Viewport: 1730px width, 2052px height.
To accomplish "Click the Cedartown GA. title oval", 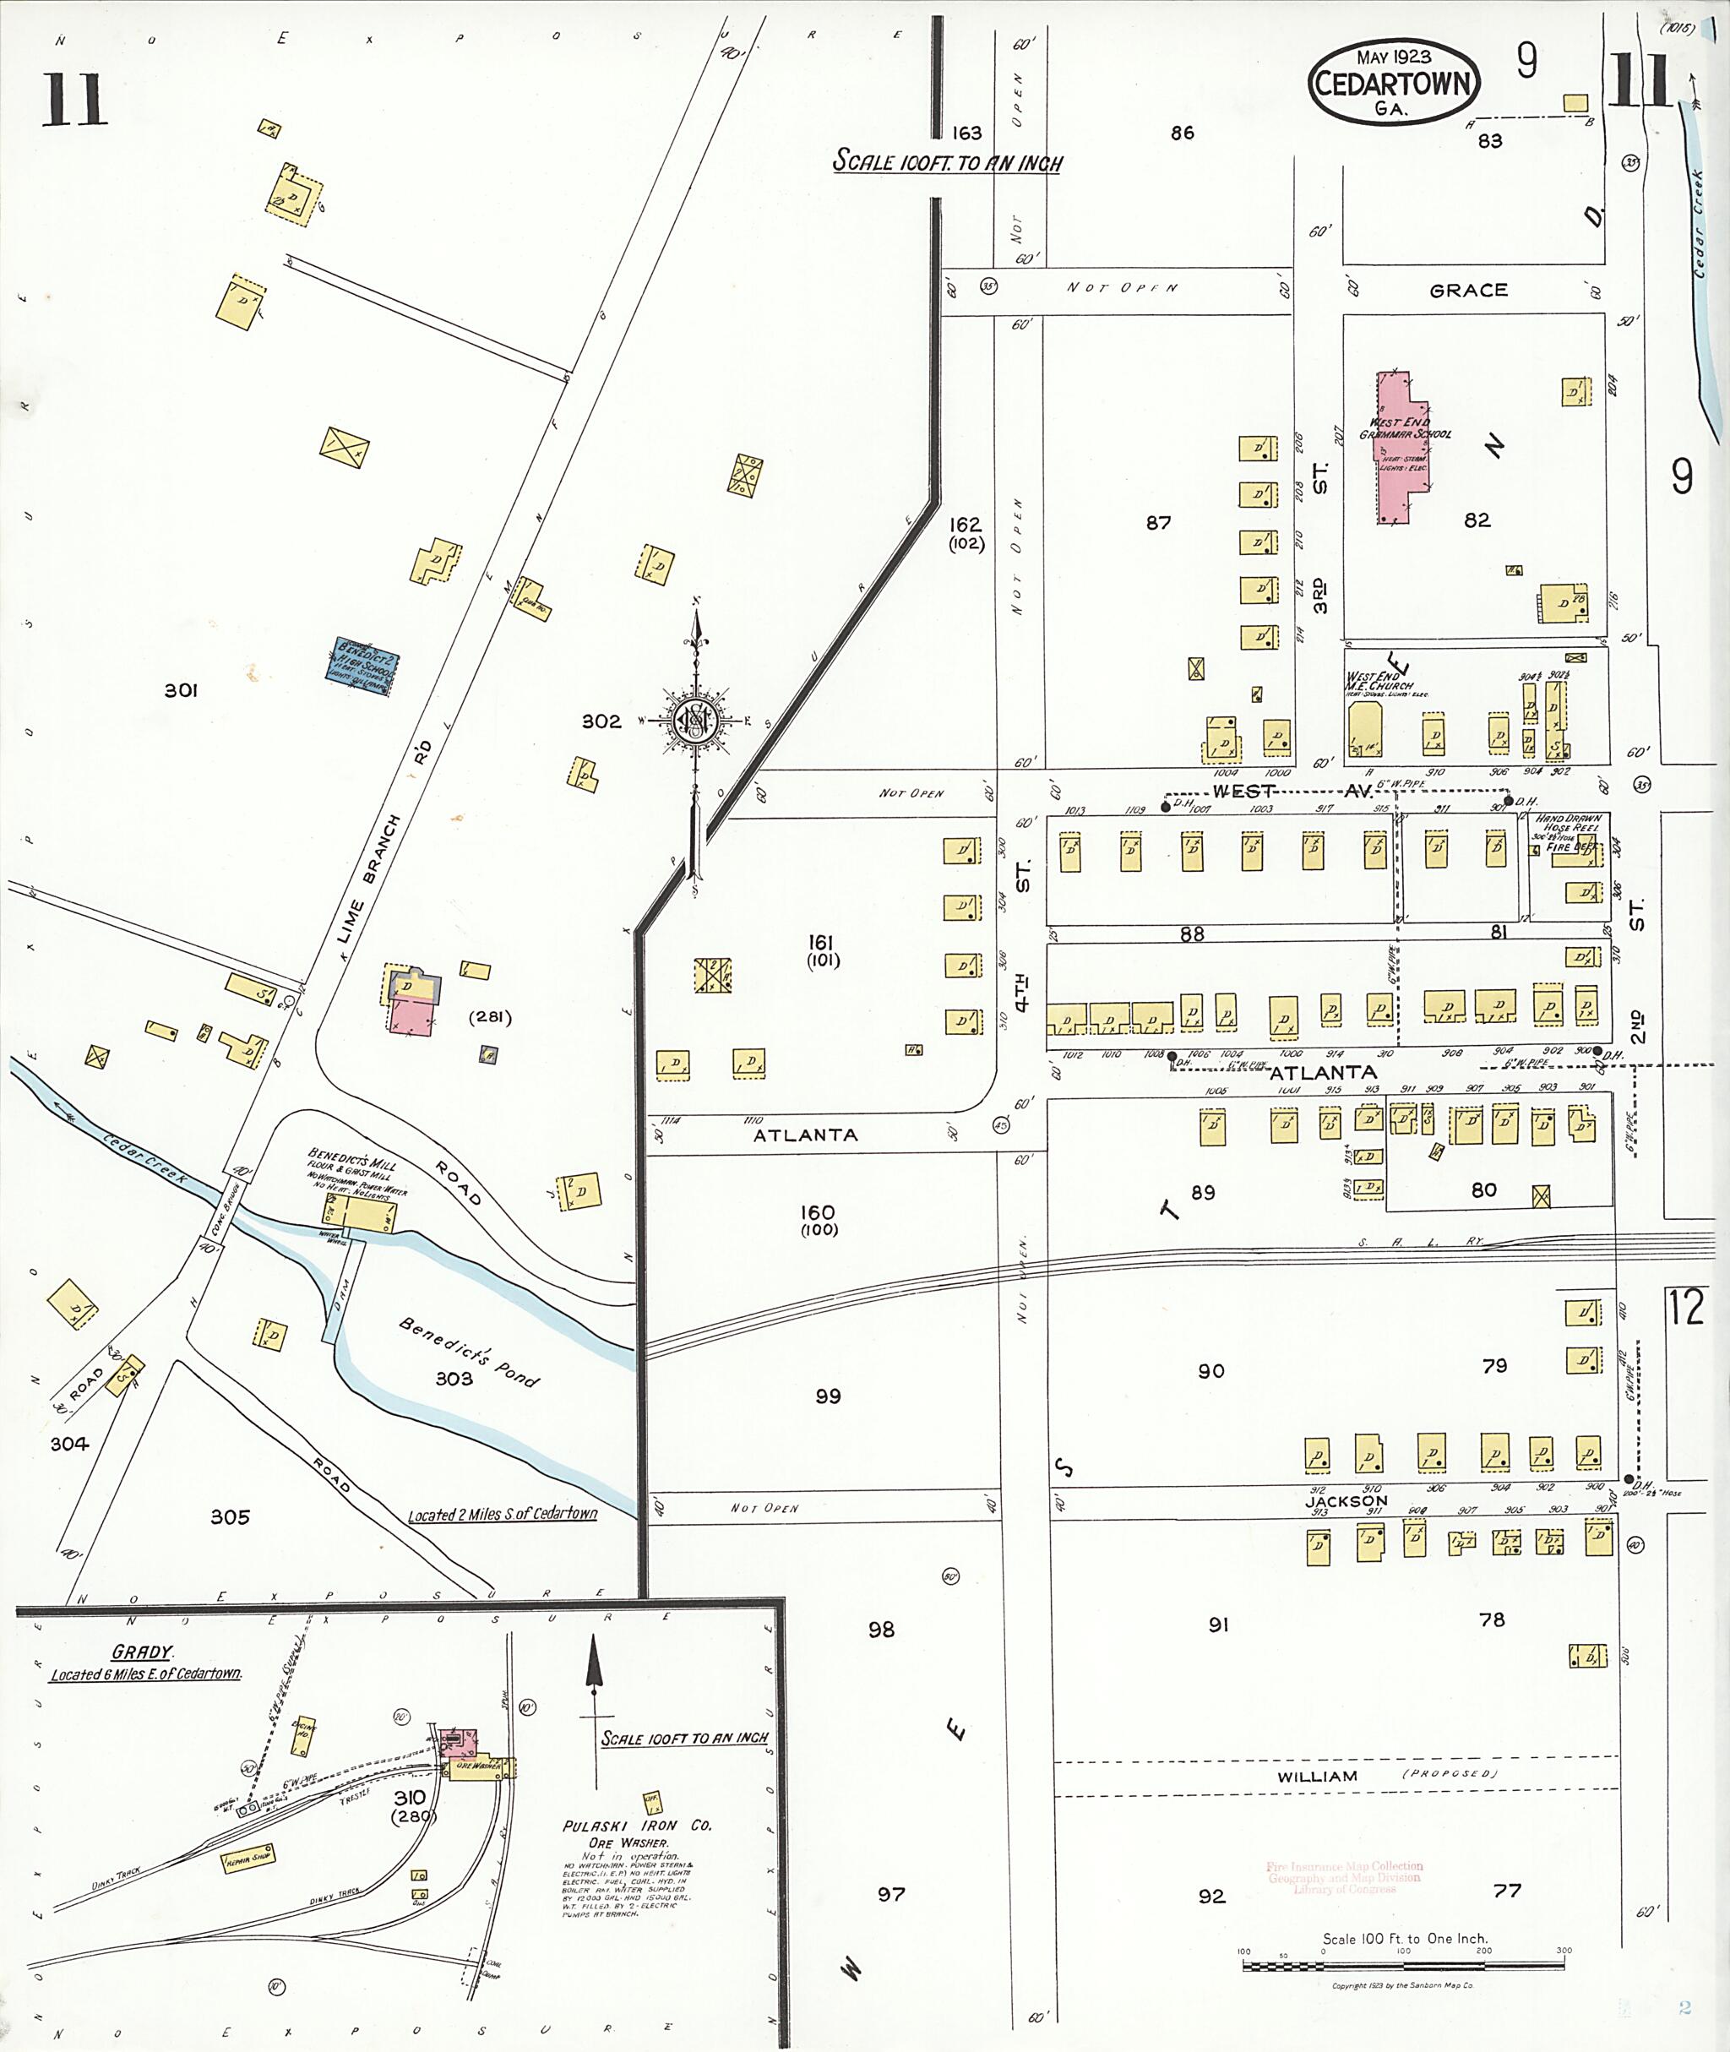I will [1393, 83].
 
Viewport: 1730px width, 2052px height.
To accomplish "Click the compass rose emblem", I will [696, 721].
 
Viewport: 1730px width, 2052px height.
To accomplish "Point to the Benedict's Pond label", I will [469, 1353].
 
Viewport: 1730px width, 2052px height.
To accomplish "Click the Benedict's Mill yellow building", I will [359, 1217].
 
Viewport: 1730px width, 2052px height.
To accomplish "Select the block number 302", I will [601, 721].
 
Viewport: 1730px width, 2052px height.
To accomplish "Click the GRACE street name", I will [1468, 291].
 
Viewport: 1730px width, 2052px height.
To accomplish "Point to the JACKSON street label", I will [1346, 1500].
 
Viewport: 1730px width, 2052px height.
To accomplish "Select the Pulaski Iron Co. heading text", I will [636, 1826].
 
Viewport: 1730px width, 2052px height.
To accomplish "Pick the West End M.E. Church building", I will [1363, 731].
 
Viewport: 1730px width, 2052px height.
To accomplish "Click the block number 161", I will [820, 943].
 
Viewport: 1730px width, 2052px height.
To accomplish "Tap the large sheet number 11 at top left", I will [73, 101].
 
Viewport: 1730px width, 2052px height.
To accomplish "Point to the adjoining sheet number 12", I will [1686, 1308].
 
